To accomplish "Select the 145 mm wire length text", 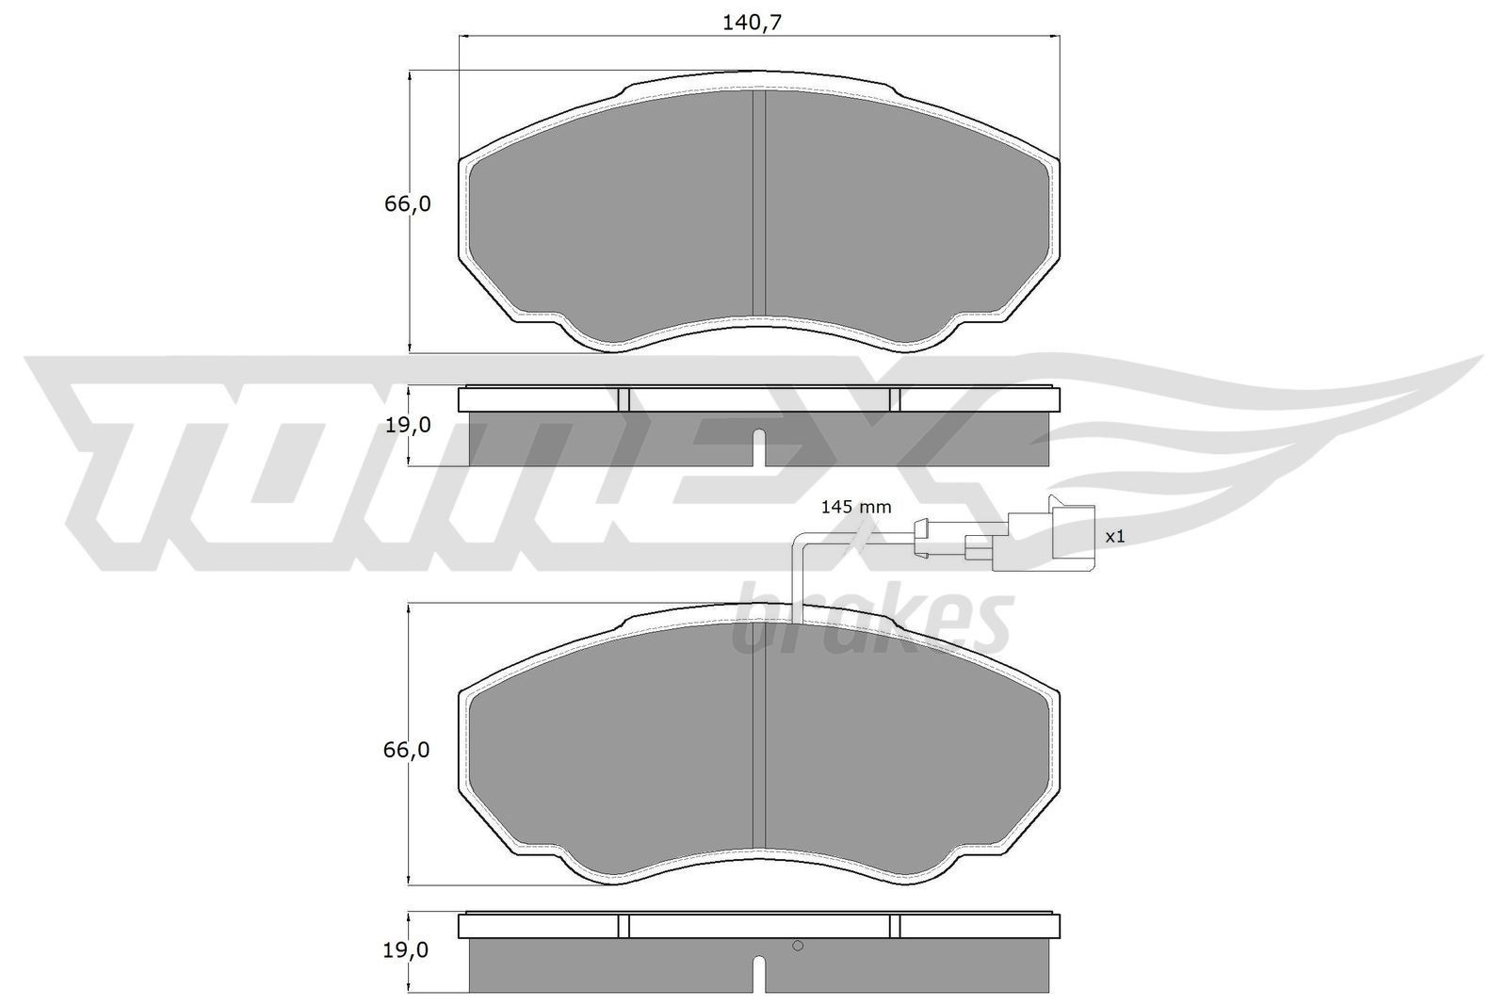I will [x=855, y=507].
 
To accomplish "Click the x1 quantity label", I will [x=1115, y=536].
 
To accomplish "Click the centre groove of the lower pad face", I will [x=759, y=749].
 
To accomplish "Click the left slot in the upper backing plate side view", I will [x=623, y=399].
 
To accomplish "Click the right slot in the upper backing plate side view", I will [x=895, y=399].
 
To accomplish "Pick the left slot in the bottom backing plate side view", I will [x=623, y=926].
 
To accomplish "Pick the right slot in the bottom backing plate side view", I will [x=895, y=926].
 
